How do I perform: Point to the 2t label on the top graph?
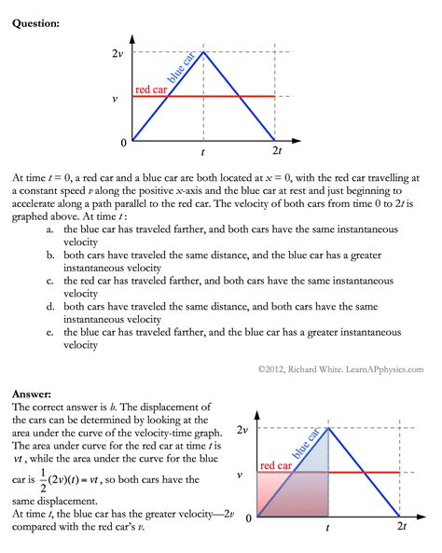(276, 150)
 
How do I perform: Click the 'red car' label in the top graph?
(151, 90)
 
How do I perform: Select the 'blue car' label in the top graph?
(183, 69)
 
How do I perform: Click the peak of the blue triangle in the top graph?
(204, 52)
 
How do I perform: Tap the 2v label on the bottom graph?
(242, 429)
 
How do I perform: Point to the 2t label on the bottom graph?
(401, 527)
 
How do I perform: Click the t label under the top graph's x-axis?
(203, 150)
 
